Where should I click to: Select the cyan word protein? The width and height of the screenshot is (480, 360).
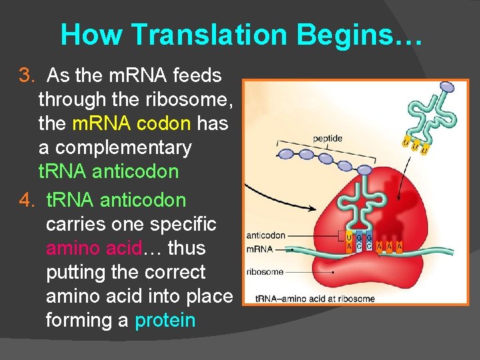pos(165,320)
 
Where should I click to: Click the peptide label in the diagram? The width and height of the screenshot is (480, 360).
pos(328,139)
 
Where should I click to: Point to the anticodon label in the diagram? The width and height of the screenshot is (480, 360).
pos(265,235)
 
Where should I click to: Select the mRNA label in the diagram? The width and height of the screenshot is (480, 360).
pos(258,248)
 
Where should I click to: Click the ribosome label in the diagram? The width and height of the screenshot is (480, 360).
pos(265,272)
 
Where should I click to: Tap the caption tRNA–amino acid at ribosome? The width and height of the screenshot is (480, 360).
pos(317,299)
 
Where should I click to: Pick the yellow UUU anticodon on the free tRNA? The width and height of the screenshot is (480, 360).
pos(414,143)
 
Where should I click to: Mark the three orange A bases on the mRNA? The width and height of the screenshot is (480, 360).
pos(389,246)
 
